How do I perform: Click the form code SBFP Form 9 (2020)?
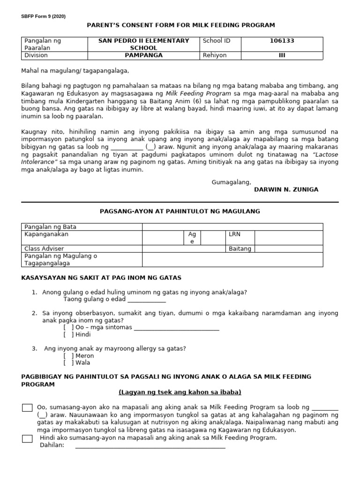click(43, 16)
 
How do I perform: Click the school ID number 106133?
click(282, 41)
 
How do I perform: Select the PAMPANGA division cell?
click(143, 55)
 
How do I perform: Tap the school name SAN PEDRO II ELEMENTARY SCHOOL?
click(143, 44)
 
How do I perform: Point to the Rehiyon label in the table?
click(214, 55)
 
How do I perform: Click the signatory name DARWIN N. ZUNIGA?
click(286, 189)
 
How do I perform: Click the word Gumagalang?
click(232, 182)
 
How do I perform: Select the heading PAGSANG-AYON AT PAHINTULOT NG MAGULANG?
click(180, 211)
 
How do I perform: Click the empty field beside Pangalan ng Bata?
click(232, 227)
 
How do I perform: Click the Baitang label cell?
click(240, 248)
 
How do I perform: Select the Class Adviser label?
click(44, 248)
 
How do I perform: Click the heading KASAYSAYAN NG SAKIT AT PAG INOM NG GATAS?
click(101, 278)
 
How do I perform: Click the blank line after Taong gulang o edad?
click(146, 300)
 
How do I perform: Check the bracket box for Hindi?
click(69, 335)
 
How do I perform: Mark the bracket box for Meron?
click(69, 356)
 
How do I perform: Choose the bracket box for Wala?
click(69, 363)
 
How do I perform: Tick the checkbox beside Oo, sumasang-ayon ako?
click(27, 408)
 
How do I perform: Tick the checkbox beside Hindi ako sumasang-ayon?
click(27, 439)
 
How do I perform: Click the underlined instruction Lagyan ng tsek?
click(180, 392)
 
